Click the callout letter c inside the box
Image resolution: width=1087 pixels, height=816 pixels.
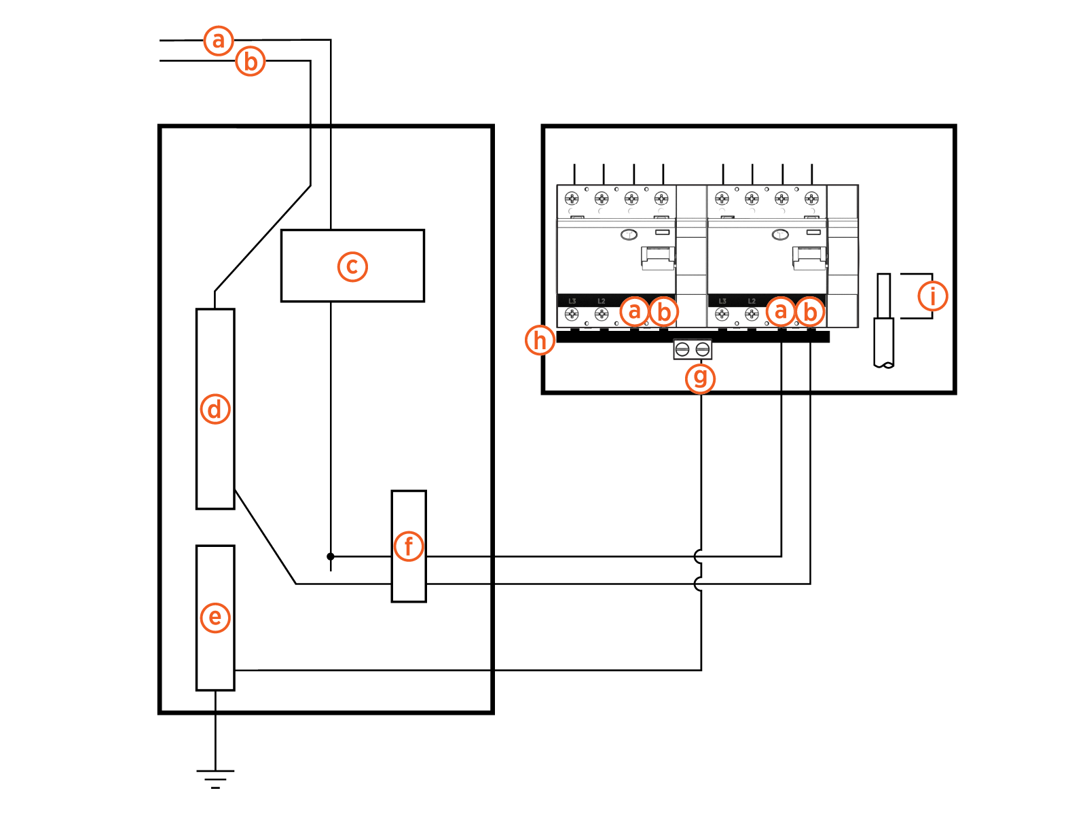pyautogui.click(x=352, y=266)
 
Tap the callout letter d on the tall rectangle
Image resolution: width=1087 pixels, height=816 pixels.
pyautogui.click(x=215, y=409)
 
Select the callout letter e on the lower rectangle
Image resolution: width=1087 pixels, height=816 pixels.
pyautogui.click(x=215, y=618)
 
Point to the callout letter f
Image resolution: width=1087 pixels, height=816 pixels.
pyautogui.click(x=409, y=546)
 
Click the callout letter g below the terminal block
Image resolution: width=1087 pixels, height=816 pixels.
pyautogui.click(x=701, y=378)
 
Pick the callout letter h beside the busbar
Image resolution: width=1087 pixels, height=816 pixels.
pyautogui.click(x=540, y=340)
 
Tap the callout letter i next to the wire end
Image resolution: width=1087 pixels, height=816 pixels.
pyautogui.click(x=932, y=296)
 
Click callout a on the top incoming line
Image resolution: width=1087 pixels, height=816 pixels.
pyautogui.click(x=219, y=41)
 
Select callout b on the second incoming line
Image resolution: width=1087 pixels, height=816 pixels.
pyautogui.click(x=251, y=61)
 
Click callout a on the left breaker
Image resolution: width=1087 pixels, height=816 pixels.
pyautogui.click(x=634, y=311)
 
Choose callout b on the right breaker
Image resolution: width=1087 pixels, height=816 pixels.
pyautogui.click(x=810, y=312)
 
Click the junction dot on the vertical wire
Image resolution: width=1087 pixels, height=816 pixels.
pyautogui.click(x=331, y=556)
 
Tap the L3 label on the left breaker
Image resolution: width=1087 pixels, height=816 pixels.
pyautogui.click(x=572, y=301)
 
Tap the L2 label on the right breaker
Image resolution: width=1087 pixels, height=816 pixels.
pyautogui.click(x=752, y=301)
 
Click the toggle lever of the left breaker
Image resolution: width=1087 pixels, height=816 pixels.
pyautogui.click(x=657, y=258)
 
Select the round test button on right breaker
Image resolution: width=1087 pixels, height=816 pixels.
pyautogui.click(x=780, y=235)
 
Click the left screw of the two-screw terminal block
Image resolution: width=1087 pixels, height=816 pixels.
pyautogui.click(x=683, y=350)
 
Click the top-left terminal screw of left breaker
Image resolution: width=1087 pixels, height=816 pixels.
pyautogui.click(x=572, y=198)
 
